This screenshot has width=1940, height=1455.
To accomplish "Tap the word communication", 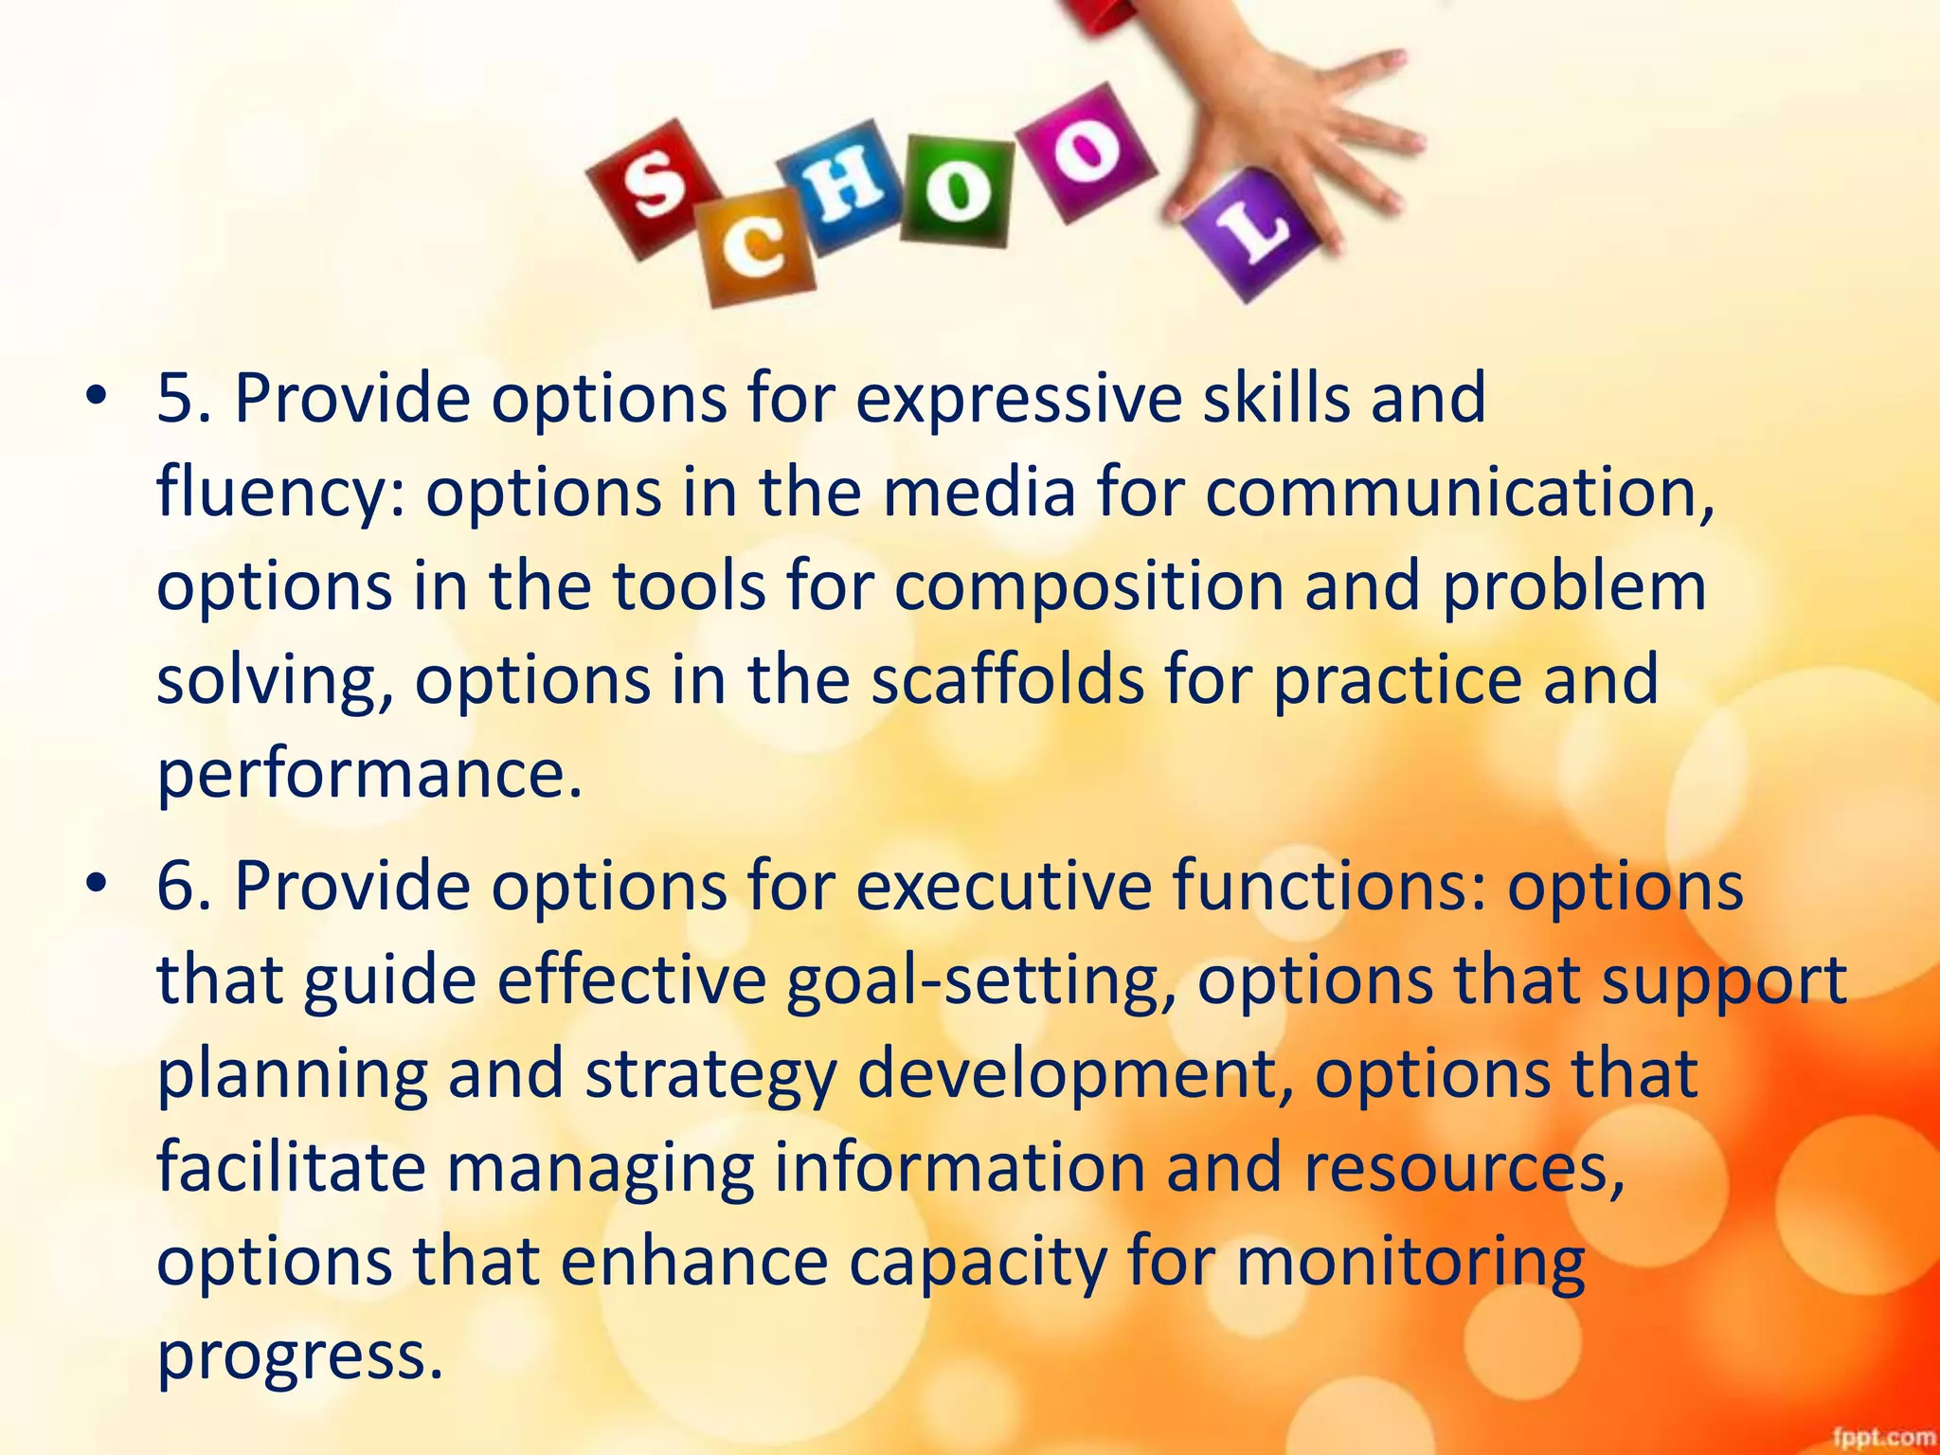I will tap(1459, 493).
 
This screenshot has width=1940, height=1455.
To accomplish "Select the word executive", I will tap(1005, 885).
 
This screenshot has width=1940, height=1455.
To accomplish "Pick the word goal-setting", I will tap(980, 979).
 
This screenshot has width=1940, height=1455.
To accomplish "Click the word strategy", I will tap(710, 1074).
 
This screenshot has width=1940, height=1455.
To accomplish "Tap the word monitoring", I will tap(1410, 1261).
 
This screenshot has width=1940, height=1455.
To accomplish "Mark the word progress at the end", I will tap(298, 1355).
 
